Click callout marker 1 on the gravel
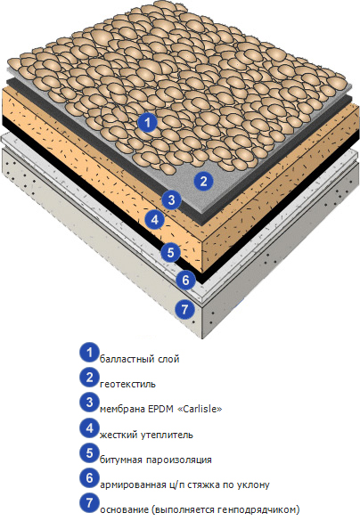tap(148, 123)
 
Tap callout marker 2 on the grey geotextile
tap(203, 181)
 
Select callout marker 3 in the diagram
tap(171, 200)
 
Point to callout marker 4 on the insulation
tap(154, 219)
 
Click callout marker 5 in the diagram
tap(170, 253)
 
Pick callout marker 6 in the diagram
tap(185, 281)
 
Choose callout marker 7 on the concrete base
tap(184, 309)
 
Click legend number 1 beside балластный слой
tap(89, 352)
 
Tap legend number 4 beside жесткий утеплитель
tap(89, 428)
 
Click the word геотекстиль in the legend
tap(127, 384)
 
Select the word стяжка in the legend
tap(203, 484)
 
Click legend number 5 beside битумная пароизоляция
tap(89, 453)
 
